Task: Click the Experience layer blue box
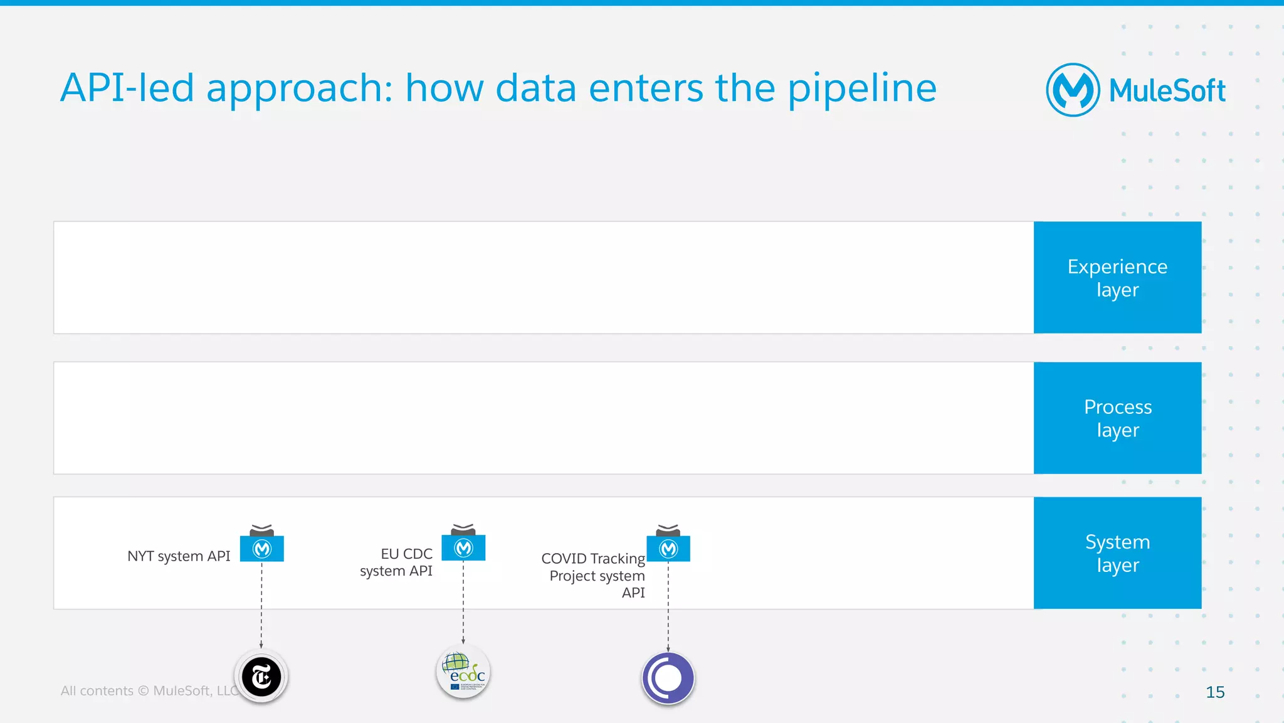pyautogui.click(x=1117, y=277)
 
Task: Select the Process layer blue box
pyautogui.click(x=1117, y=418)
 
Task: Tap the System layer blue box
pyautogui.click(x=1117, y=552)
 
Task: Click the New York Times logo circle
pyautogui.click(x=261, y=677)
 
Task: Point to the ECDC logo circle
pyautogui.click(x=463, y=672)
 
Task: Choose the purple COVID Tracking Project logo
pyautogui.click(x=668, y=678)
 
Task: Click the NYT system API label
pyautogui.click(x=179, y=556)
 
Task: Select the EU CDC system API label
pyautogui.click(x=396, y=562)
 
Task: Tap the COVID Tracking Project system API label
pyautogui.click(x=594, y=575)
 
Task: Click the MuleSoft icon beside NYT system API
pyautogui.click(x=262, y=548)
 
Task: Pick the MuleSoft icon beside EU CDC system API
pyautogui.click(x=463, y=547)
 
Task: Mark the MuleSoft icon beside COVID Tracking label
pyautogui.click(x=668, y=548)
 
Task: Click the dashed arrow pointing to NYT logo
pyautogui.click(x=261, y=605)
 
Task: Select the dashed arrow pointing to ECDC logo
pyautogui.click(x=463, y=602)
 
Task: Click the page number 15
pyautogui.click(x=1214, y=692)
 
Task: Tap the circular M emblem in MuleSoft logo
pyautogui.click(x=1073, y=90)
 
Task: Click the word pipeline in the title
pyautogui.click(x=861, y=88)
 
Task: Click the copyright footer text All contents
pyautogui.click(x=97, y=691)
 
